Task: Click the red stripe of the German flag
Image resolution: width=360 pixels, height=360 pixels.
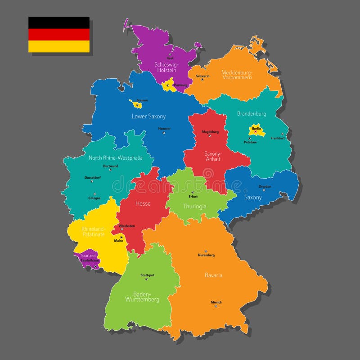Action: point(59,35)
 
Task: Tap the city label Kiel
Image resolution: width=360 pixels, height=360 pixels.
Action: point(170,58)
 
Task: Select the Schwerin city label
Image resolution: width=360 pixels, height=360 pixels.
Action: point(202,76)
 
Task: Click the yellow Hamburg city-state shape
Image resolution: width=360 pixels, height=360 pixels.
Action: point(171,85)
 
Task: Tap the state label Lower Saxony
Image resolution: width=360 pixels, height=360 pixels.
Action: point(148,116)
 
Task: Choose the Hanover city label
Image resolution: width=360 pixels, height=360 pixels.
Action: point(164,128)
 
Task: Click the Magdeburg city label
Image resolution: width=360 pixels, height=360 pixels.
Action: point(210,132)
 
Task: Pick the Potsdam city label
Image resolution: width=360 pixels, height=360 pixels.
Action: point(250,142)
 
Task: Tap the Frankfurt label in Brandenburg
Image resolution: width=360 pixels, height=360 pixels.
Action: point(278,138)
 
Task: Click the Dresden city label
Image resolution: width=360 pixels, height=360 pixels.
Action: point(265,186)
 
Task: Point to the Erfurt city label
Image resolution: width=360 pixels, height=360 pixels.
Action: point(193,197)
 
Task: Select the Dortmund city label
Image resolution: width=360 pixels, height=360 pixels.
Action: point(110,166)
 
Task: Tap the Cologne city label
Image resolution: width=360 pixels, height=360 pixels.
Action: point(94,198)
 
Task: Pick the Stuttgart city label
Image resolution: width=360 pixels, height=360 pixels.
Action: point(147,275)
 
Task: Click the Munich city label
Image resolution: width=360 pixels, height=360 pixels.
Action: point(216,302)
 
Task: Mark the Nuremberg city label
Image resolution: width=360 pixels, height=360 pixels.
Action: point(206,255)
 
